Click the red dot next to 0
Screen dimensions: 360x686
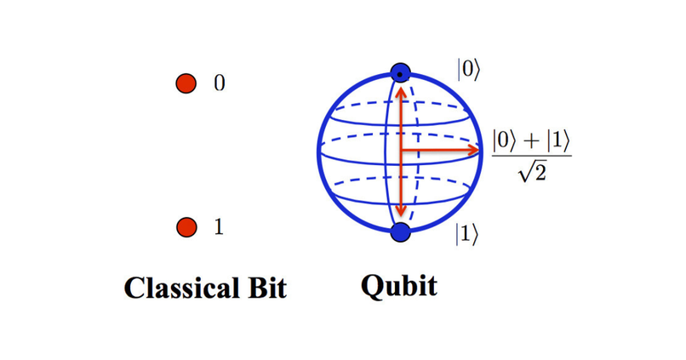186,83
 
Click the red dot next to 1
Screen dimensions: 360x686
186,227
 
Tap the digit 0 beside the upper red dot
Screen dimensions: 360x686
219,83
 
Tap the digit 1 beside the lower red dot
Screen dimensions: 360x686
219,227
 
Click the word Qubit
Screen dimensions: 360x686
398,286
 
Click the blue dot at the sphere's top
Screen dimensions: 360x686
400,73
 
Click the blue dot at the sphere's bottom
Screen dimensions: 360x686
400,231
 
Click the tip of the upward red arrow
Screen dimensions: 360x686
400,87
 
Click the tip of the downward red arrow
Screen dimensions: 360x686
400,215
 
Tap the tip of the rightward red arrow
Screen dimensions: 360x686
480,151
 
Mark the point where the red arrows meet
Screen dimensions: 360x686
400,151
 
